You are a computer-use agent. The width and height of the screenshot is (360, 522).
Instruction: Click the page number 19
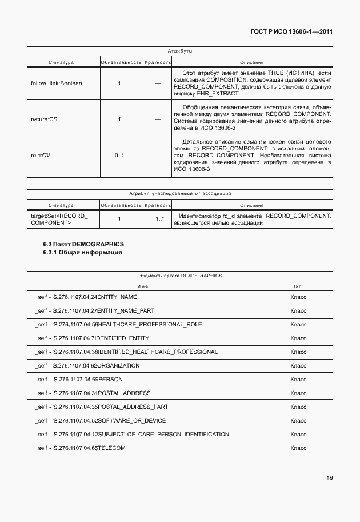click(x=329, y=477)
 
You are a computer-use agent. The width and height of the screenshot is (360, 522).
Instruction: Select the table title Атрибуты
click(x=179, y=51)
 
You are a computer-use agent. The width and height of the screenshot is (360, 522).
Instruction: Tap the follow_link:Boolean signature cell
click(x=56, y=83)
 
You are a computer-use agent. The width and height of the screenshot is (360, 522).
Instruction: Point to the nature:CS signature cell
click(x=43, y=119)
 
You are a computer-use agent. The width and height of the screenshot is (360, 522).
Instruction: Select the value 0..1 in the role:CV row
click(x=119, y=155)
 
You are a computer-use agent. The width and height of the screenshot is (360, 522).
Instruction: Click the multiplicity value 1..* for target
click(x=159, y=218)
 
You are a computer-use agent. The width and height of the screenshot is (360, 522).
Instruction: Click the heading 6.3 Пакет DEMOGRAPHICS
click(x=83, y=244)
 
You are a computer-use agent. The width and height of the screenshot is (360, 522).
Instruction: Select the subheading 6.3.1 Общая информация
click(x=82, y=252)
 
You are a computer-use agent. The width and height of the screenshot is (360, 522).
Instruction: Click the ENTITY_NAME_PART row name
click(x=94, y=311)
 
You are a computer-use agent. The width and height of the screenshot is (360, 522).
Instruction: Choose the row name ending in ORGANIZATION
click(x=87, y=366)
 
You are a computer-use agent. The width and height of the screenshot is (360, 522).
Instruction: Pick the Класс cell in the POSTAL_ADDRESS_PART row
click(x=298, y=407)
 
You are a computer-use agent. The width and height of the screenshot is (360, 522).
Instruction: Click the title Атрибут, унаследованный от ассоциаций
click(x=179, y=194)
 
